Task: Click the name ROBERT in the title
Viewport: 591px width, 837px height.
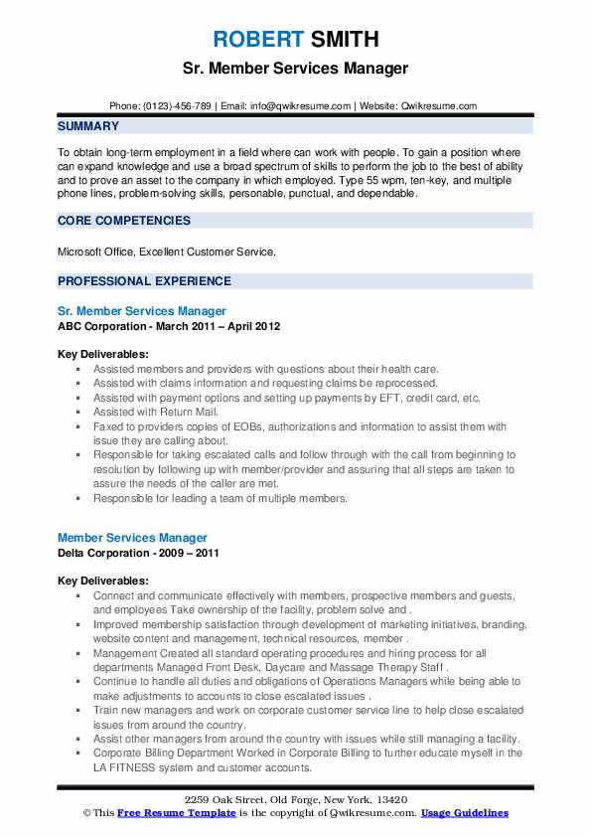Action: click(x=254, y=40)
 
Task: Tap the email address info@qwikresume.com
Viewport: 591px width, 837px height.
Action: click(x=303, y=105)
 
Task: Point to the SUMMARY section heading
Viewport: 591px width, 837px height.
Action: click(x=88, y=126)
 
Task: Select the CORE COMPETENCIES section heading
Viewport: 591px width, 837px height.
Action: click(x=124, y=221)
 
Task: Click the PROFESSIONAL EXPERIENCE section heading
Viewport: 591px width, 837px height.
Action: click(x=144, y=281)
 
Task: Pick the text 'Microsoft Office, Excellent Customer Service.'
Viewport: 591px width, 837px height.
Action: click(x=164, y=251)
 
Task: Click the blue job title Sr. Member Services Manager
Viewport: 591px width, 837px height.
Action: click(x=142, y=311)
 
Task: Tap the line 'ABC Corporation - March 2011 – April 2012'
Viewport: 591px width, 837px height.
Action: click(x=169, y=325)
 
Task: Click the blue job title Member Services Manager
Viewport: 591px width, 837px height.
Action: click(x=132, y=538)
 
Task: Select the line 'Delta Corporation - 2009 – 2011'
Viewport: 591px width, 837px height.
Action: click(x=138, y=552)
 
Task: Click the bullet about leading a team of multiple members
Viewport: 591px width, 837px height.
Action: click(x=221, y=498)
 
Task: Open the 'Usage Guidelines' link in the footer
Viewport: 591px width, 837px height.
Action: click(x=464, y=813)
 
